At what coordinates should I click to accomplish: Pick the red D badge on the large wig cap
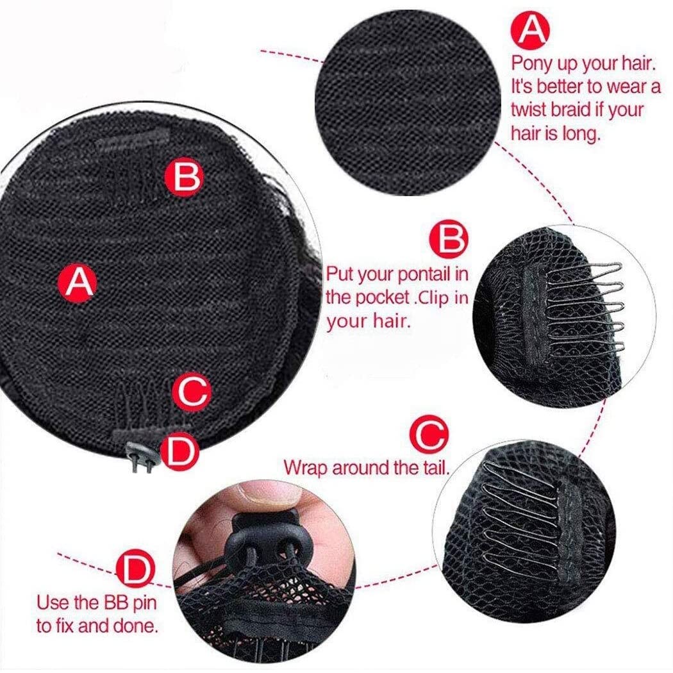tap(180, 451)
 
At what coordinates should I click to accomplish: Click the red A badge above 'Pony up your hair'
tap(531, 29)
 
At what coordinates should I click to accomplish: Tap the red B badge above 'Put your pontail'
tap(450, 238)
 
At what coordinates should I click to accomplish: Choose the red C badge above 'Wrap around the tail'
tap(430, 435)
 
